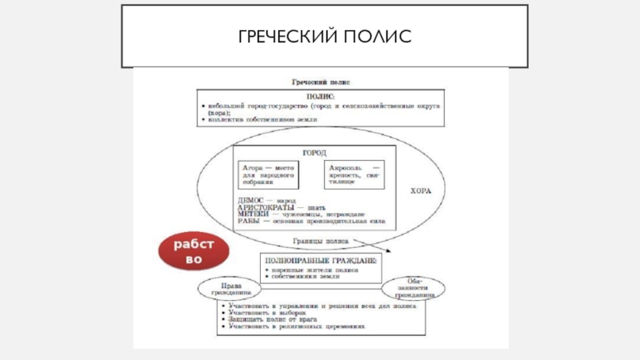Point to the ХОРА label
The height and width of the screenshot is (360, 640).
(421, 192)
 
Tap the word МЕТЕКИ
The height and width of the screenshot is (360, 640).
(252, 214)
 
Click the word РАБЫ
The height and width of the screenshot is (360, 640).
(249, 221)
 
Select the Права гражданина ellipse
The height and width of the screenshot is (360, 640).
(233, 290)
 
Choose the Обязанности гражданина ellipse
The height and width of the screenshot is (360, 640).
(413, 289)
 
